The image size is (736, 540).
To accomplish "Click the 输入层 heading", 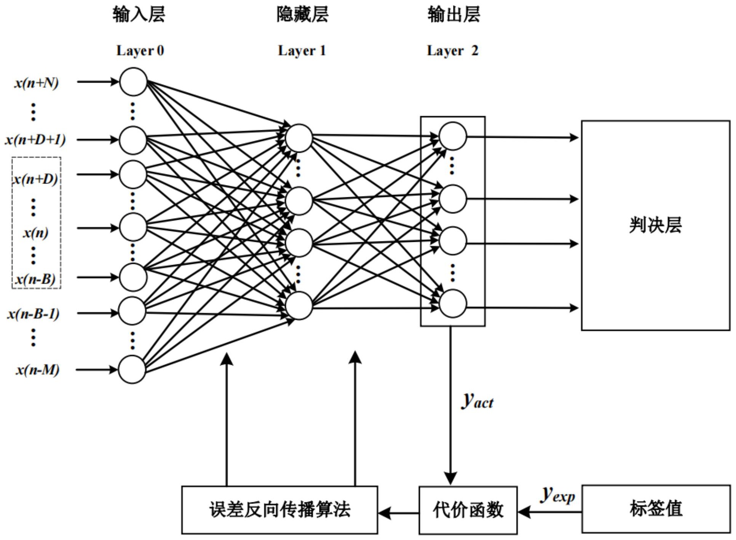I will [x=139, y=14].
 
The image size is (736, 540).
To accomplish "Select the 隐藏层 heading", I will [x=302, y=14].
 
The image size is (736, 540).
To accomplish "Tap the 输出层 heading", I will [x=453, y=14].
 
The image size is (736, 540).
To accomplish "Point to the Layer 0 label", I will [x=140, y=51].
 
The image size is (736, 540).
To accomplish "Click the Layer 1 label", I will [x=302, y=51].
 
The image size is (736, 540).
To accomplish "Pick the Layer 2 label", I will [x=452, y=51].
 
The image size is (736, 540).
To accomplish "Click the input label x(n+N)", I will [x=37, y=83].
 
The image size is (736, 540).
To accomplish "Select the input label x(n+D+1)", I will [x=35, y=140].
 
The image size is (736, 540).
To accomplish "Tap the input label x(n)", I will [x=36, y=232].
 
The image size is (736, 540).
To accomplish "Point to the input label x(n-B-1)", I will [x=34, y=313].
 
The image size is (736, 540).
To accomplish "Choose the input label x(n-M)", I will [x=37, y=369].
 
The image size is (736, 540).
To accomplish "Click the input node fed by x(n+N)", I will [x=133, y=81].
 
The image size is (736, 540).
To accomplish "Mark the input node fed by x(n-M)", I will [x=132, y=369].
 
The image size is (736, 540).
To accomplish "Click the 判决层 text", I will [x=655, y=225].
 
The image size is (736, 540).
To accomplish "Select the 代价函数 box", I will [x=468, y=510].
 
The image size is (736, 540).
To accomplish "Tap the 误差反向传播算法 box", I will [x=279, y=510].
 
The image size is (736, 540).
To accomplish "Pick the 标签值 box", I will [x=656, y=509].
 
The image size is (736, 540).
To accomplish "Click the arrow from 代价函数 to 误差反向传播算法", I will [x=398, y=513].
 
